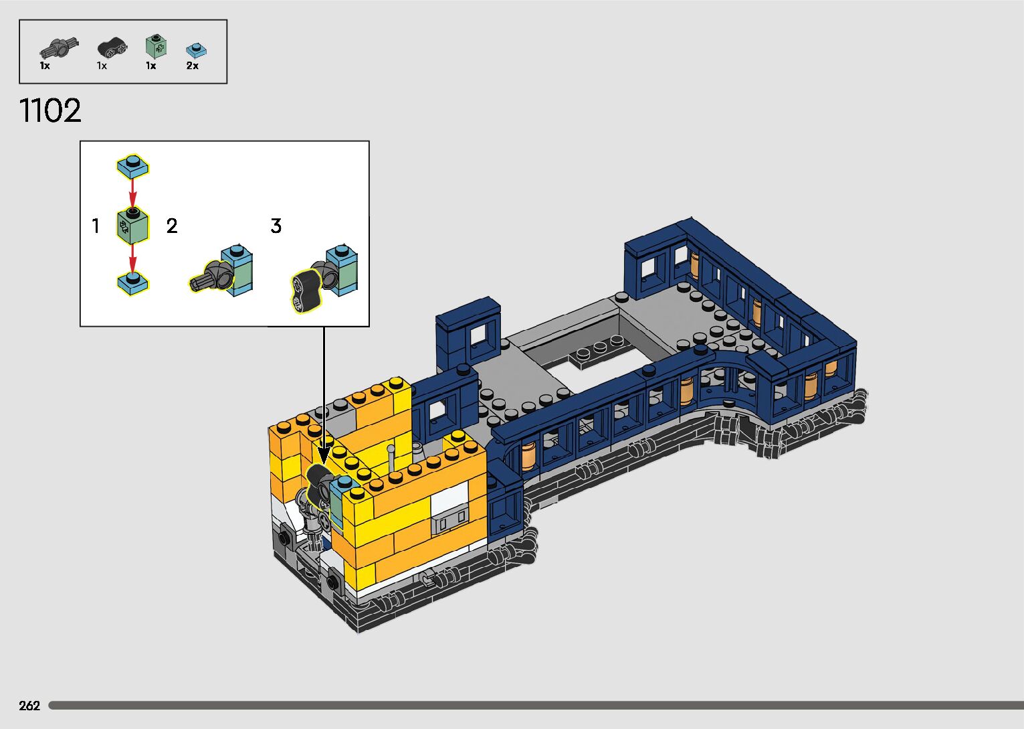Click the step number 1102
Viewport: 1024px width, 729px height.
(50, 110)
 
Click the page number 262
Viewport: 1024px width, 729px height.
(29, 706)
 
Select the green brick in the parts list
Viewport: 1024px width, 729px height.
(156, 46)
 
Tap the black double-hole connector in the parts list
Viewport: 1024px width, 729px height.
(112, 48)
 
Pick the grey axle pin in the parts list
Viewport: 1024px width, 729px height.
(59, 48)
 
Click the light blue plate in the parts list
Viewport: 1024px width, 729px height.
(197, 50)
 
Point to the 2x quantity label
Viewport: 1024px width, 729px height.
(193, 66)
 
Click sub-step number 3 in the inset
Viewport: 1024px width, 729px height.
(276, 226)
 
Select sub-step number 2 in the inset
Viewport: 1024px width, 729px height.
(172, 226)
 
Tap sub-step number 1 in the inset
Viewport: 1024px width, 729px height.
(96, 226)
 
